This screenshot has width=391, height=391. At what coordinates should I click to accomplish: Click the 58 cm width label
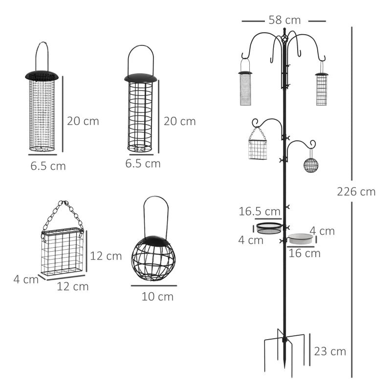point(284,20)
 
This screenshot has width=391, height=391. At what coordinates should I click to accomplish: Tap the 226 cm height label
point(356,192)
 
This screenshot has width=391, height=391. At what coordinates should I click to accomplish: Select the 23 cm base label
point(330,351)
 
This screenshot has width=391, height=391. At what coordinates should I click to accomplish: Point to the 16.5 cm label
point(259,212)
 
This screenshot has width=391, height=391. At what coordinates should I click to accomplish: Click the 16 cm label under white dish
point(304,253)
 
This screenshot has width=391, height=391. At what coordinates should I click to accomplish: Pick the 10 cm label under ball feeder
point(157,296)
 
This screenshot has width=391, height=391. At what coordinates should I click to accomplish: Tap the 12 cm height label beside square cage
point(106,256)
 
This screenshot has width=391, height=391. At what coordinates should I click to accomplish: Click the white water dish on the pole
point(300,239)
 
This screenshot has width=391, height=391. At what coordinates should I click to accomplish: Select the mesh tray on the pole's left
point(269,228)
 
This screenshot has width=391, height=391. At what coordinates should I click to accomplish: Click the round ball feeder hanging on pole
point(311,165)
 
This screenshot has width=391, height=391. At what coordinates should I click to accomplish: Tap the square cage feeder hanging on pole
point(258,150)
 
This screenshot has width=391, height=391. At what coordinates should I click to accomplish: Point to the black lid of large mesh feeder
point(42,76)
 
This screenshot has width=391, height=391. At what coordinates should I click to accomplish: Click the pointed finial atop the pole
point(284,32)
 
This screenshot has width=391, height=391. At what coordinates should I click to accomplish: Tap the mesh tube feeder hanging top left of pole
point(245,88)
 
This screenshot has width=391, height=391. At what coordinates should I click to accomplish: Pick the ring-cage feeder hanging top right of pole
point(321,89)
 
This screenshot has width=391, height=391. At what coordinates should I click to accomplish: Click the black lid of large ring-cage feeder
point(141,78)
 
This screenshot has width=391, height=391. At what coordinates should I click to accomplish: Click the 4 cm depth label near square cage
point(25,280)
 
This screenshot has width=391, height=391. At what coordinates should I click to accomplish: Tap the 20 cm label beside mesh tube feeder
point(83,121)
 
